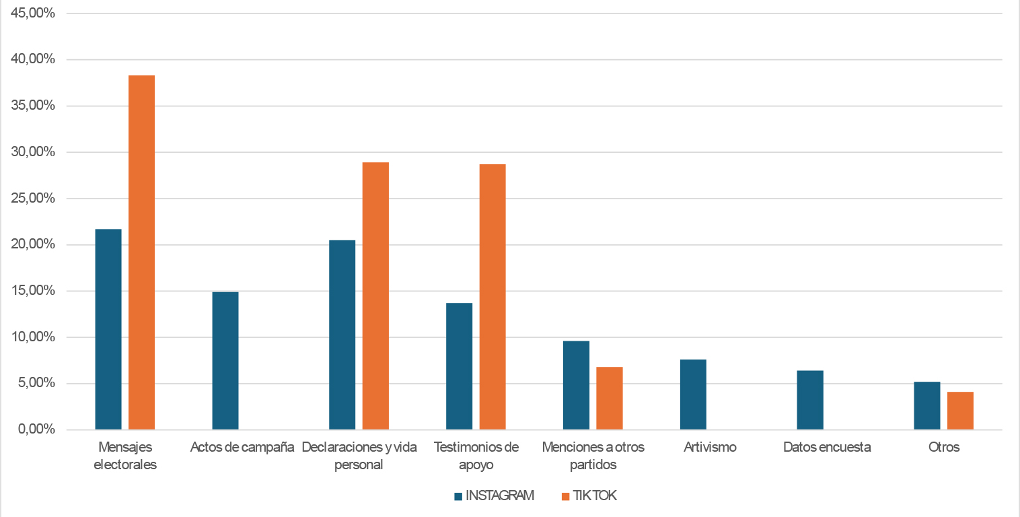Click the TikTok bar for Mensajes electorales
[142, 252]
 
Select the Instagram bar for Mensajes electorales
[108, 329]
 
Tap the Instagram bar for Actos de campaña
[225, 361]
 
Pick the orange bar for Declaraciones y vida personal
[375, 296]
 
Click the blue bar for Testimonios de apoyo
[460, 366]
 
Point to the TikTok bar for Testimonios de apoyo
[493, 297]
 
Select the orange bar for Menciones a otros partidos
[610, 398]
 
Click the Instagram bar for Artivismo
[693, 394]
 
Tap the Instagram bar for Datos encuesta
[810, 400]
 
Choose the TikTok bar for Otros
[960, 411]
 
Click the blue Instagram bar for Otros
[927, 405]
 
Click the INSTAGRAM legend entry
[495, 496]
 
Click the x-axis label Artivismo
[710, 447]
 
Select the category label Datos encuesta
[827, 447]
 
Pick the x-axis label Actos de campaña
[242, 447]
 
